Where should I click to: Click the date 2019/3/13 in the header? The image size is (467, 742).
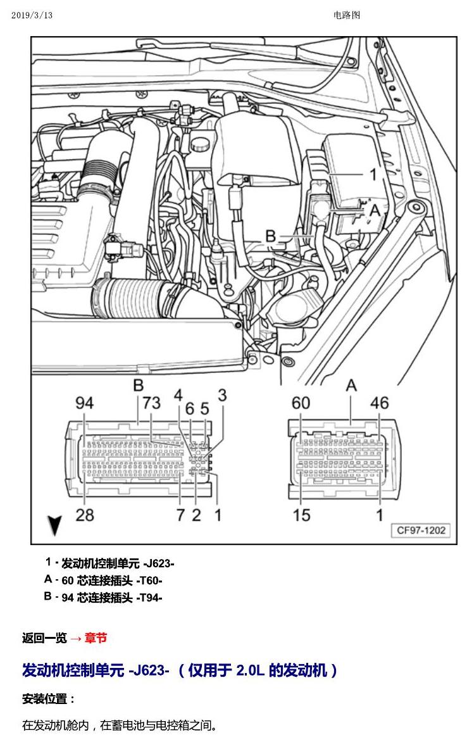[x=32, y=15]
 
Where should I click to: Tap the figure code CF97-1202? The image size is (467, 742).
[x=421, y=530]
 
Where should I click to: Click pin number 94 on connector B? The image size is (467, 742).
[x=85, y=403]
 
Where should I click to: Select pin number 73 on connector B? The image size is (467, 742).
[x=151, y=403]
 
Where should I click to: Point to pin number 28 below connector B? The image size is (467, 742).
[x=85, y=515]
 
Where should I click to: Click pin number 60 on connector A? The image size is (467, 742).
[x=301, y=403]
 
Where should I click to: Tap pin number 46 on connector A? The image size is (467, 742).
[x=380, y=403]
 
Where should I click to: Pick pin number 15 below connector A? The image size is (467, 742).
[x=301, y=515]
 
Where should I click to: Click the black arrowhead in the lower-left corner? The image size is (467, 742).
[x=55, y=525]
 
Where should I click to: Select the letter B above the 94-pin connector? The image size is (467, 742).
[x=138, y=385]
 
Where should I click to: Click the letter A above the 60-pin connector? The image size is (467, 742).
[x=351, y=386]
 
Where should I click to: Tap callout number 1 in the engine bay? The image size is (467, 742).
[x=373, y=174]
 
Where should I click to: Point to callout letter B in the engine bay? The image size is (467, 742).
[x=270, y=236]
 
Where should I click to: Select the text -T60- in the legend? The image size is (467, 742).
[x=149, y=581]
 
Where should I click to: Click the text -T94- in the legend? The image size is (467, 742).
[x=149, y=598]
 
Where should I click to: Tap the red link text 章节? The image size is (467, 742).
[x=96, y=638]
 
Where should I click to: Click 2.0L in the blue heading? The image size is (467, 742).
[x=249, y=670]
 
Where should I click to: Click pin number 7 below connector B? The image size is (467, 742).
[x=180, y=515]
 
